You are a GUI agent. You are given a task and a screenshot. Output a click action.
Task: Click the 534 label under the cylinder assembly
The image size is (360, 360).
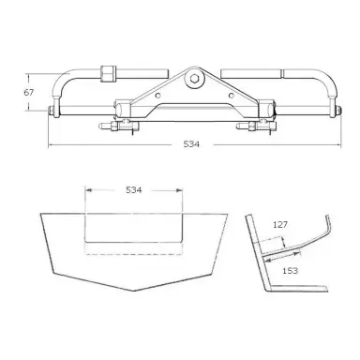click(x=194, y=146)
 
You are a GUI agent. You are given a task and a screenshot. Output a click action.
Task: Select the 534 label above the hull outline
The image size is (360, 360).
click(x=132, y=191)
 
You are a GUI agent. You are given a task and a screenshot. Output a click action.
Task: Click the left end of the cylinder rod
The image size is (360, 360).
click(x=49, y=114)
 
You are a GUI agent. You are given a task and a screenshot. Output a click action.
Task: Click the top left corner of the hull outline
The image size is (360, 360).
click(x=39, y=213)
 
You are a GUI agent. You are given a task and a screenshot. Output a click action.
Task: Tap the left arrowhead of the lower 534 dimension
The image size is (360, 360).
click(x=87, y=191)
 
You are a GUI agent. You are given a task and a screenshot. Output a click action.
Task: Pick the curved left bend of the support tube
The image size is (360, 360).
click(x=59, y=77)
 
